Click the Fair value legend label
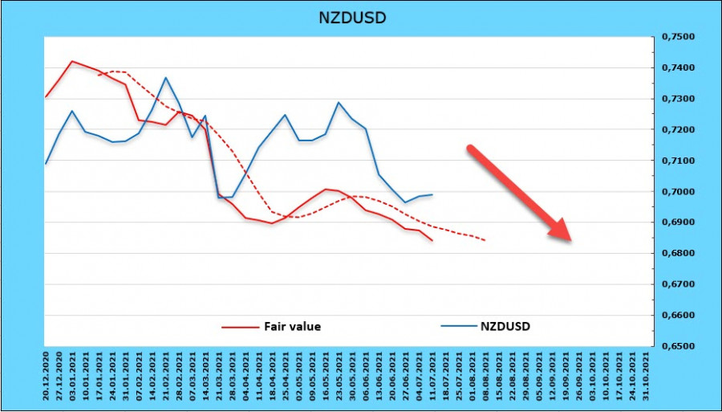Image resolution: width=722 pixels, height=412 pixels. point(292,326)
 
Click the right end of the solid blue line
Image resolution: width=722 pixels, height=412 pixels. point(433,194)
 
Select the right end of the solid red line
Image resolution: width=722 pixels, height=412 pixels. point(433,240)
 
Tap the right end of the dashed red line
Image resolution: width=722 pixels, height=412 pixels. point(485,239)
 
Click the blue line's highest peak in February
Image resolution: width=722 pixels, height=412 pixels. point(165,78)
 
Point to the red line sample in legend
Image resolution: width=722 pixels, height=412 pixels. point(240,326)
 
